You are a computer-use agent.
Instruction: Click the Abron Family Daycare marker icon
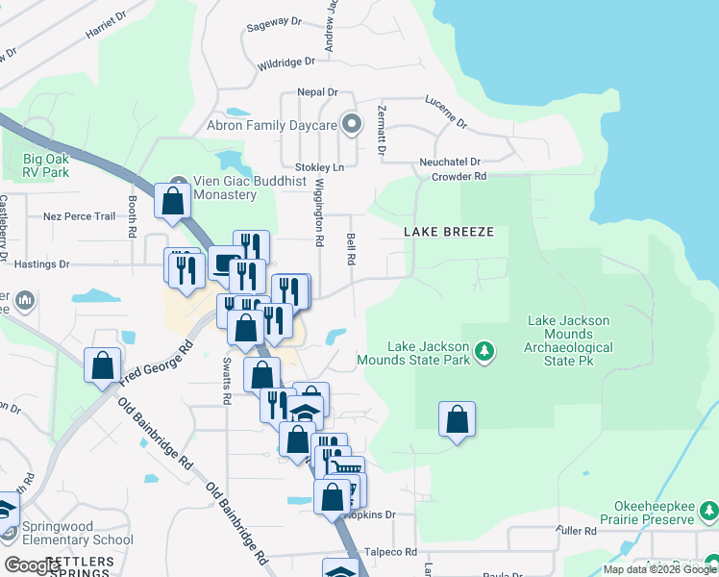352,124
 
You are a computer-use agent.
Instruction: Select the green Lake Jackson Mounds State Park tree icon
485,352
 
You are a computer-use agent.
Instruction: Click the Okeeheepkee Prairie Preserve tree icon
708,509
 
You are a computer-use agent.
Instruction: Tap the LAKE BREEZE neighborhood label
448,232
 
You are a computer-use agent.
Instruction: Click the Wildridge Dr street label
286,63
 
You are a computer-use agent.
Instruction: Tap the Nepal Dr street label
317,92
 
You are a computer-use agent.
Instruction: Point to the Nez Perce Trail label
79,217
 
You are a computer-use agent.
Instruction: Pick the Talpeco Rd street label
391,552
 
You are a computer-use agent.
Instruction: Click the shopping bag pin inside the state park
458,420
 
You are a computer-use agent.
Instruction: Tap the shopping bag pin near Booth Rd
172,202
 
